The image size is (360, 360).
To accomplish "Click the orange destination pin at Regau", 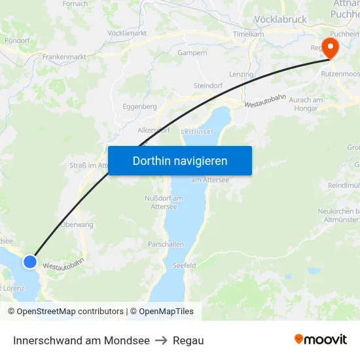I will [x=330, y=47].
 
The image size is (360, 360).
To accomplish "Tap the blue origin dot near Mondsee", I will [x=30, y=262].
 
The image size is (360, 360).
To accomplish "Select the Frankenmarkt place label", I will [x=64, y=57].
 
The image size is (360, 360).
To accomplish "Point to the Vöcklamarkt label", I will [x=126, y=33].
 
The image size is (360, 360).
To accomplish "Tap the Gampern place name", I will [x=192, y=52].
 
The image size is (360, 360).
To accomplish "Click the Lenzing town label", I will [x=241, y=75].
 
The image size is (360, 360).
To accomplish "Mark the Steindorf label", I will [x=209, y=86].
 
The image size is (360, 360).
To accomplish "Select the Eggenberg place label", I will [x=139, y=106].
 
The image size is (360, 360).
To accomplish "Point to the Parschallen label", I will [x=166, y=244].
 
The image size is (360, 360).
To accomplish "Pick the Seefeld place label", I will [x=184, y=265].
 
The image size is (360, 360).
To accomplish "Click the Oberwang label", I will [x=77, y=225].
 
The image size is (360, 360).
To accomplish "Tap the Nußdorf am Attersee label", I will [x=164, y=202].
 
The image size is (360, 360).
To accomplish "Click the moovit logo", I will [x=321, y=340].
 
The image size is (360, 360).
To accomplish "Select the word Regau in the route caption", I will [x=189, y=340].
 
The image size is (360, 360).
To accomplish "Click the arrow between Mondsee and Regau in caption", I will [x=161, y=340].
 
